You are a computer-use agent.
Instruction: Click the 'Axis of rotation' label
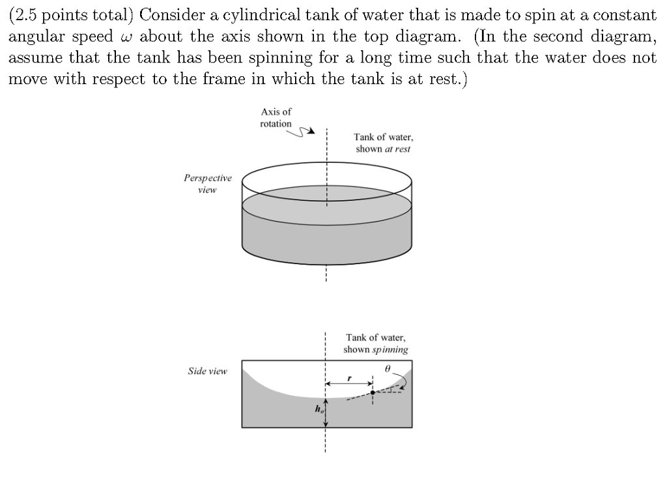point(276,117)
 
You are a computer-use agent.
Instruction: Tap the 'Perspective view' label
point(207,183)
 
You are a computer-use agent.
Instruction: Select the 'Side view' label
point(207,371)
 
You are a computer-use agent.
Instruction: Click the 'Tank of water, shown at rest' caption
point(383,143)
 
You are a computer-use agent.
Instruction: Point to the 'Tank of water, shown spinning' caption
point(376,343)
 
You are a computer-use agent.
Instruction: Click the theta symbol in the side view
point(388,368)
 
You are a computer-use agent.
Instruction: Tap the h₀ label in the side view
point(318,410)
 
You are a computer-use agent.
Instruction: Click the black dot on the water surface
point(373,393)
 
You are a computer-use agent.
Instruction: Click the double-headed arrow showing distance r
point(350,384)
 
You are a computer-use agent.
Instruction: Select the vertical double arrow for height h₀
point(325,412)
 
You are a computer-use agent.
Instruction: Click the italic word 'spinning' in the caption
point(390,350)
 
